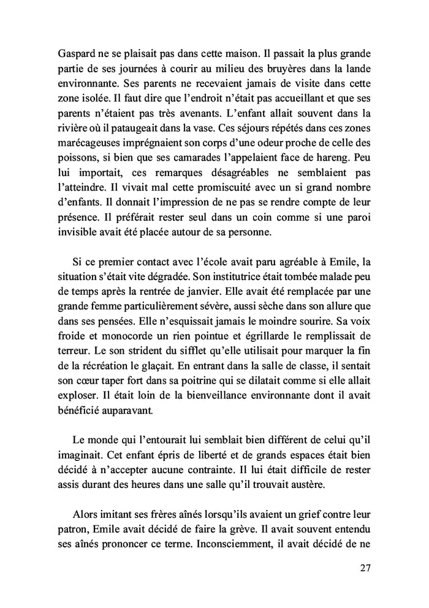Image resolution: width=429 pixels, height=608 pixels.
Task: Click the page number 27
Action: [x=366, y=585]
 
